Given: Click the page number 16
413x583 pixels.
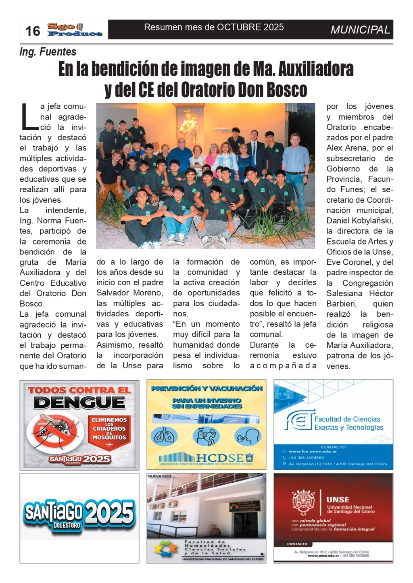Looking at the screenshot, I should pyautogui.click(x=33, y=31).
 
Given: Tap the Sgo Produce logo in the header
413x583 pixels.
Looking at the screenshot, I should pyautogui.click(x=75, y=30).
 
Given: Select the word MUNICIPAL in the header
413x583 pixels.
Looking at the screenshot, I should pyautogui.click(x=360, y=30).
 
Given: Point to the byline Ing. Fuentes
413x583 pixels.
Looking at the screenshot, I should pyautogui.click(x=48, y=52).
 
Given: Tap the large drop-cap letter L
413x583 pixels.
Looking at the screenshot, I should pyautogui.click(x=29, y=117).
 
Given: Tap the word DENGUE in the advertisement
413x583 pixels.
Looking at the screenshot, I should pyautogui.click(x=79, y=402).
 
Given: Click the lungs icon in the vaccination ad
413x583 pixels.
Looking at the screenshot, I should pyautogui.click(x=164, y=436).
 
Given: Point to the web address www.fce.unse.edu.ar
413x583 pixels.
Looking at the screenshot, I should pyautogui.click(x=307, y=452).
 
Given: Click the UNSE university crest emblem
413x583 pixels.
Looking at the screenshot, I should pyautogui.click(x=304, y=502).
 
